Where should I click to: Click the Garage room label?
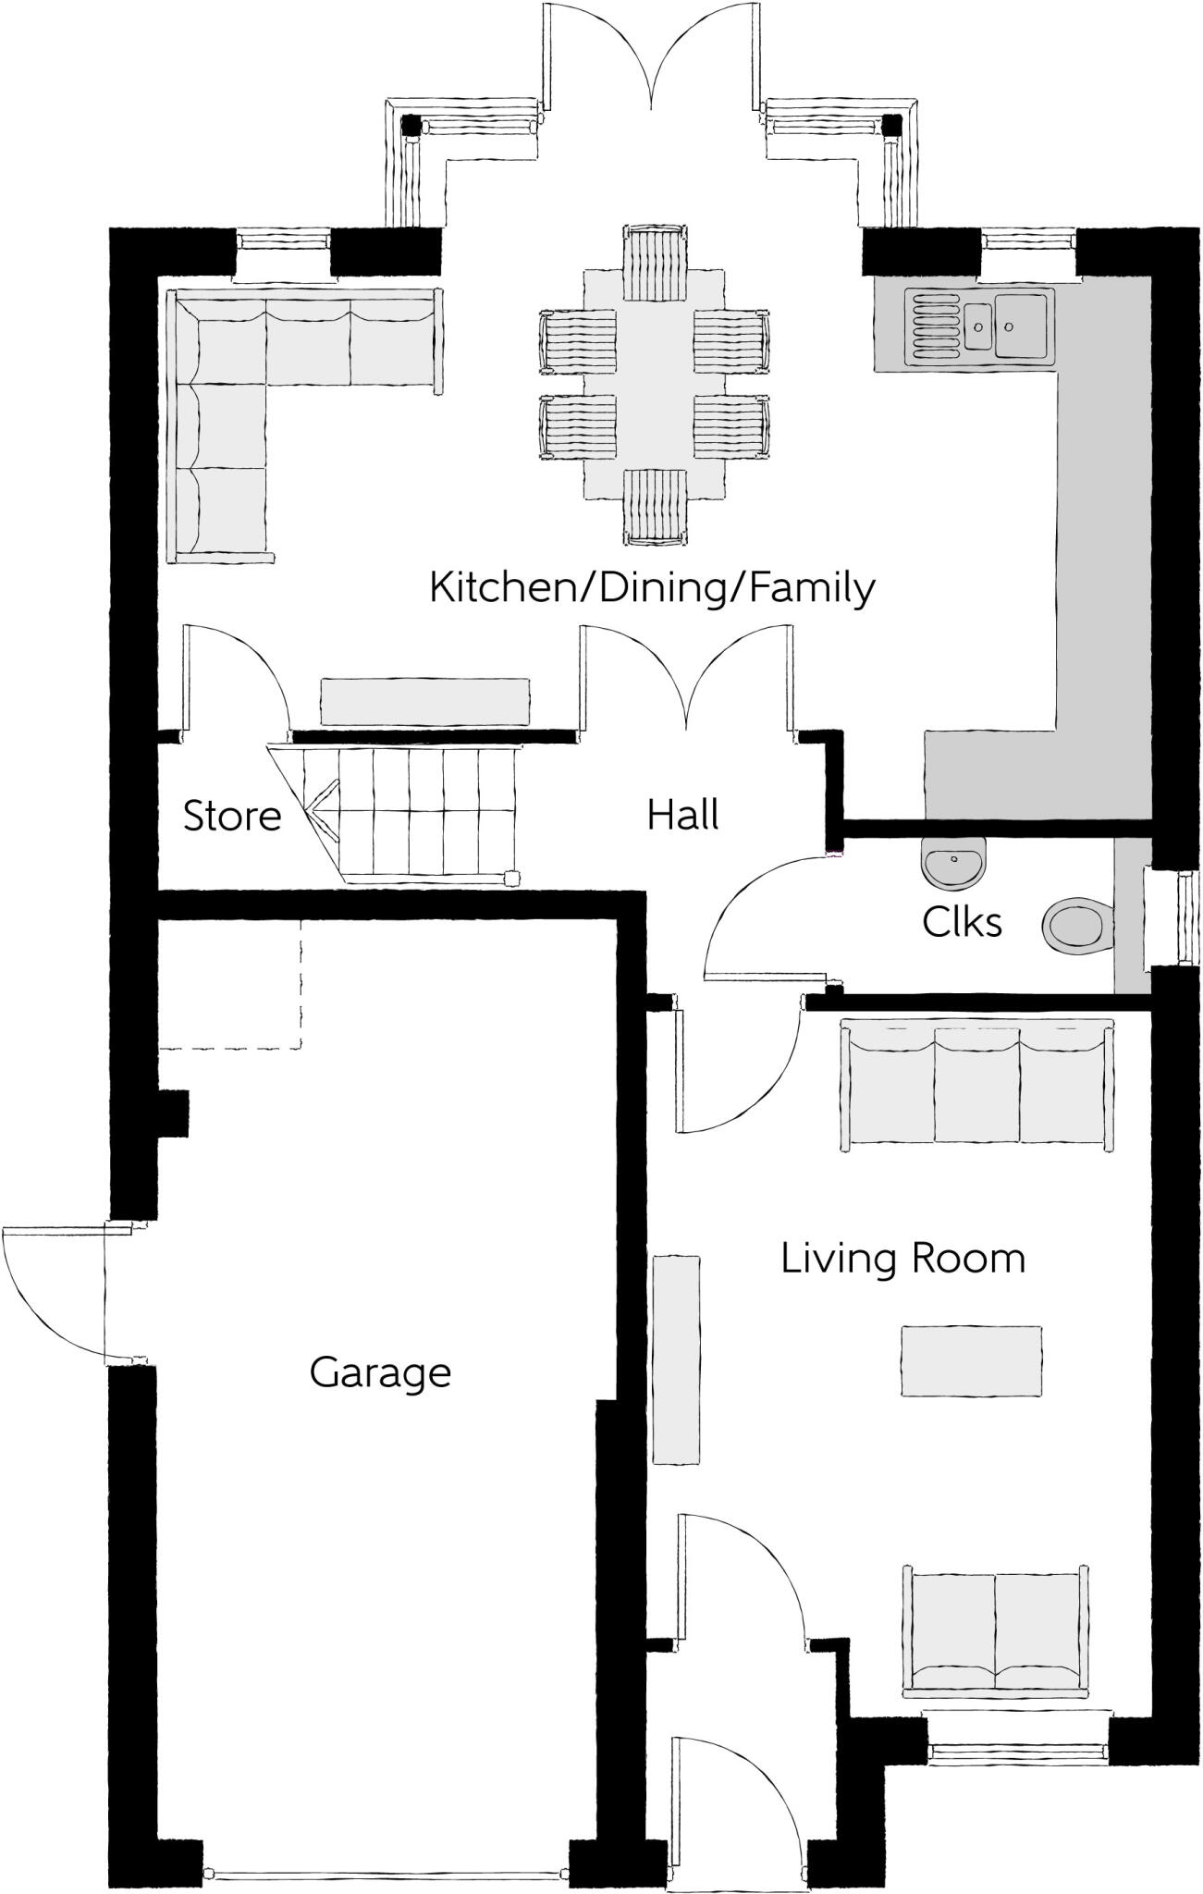[x=380, y=1371]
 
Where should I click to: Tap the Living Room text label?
[x=902, y=1259]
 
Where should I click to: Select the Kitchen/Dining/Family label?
[x=652, y=587]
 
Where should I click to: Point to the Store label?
[x=232, y=816]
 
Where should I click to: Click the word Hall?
[x=682, y=815]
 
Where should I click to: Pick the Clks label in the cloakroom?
[x=962, y=922]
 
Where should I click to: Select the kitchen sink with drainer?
[x=980, y=325]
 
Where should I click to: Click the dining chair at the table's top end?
[x=656, y=262]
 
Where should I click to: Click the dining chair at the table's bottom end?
[x=656, y=505]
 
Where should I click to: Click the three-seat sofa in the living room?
[x=976, y=1084]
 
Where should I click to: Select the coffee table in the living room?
[x=971, y=1360]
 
